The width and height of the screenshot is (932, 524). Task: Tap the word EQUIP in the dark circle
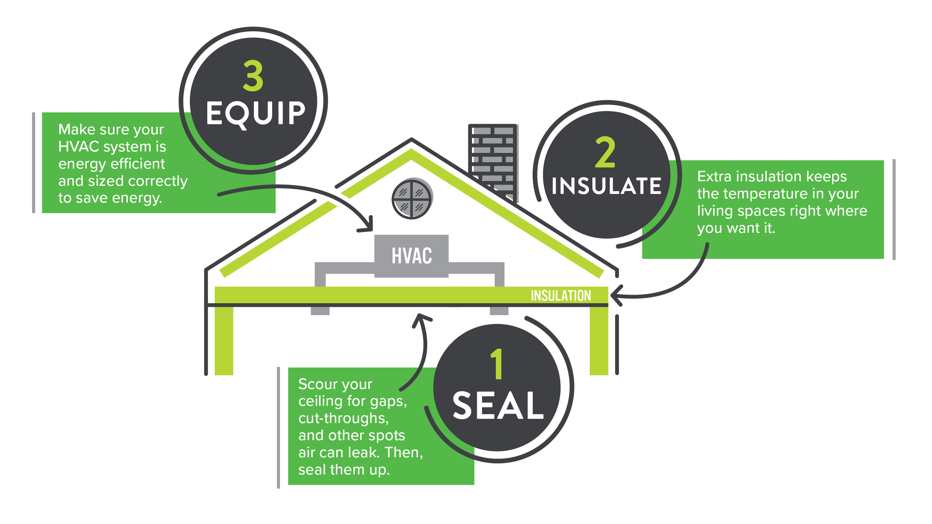coord(256,113)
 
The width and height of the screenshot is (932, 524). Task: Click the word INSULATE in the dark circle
coord(607,186)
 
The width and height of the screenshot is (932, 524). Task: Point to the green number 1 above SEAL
coord(497,364)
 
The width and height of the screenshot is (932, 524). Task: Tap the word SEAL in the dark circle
coord(498,406)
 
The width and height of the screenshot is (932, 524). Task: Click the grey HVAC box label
coord(412,256)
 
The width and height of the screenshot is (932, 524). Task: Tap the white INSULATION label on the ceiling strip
coord(561,296)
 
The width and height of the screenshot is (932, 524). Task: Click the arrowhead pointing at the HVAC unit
coord(367,226)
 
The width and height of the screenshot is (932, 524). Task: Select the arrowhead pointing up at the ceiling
coord(421,319)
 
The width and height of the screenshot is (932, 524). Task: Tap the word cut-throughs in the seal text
coord(343,418)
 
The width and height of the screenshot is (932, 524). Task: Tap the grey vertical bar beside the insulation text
coord(894,209)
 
